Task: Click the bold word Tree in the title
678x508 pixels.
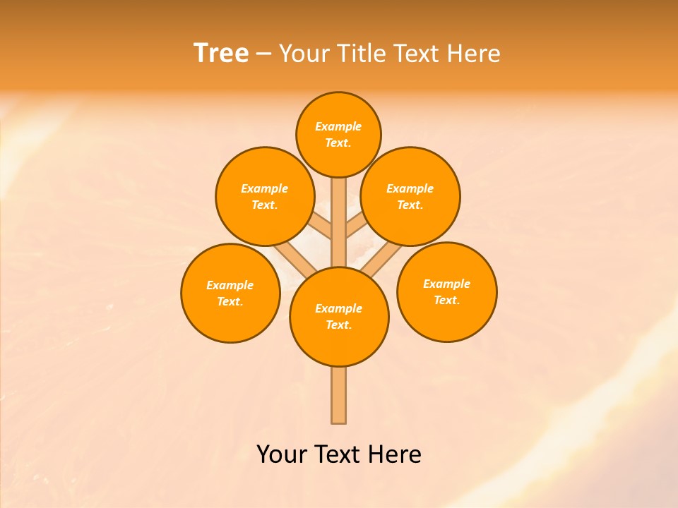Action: click(x=221, y=54)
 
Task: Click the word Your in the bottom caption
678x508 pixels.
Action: click(x=282, y=454)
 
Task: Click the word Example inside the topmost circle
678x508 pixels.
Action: click(x=338, y=127)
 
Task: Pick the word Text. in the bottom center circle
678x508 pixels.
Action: click(x=338, y=325)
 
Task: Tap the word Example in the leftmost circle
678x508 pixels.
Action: click(x=230, y=286)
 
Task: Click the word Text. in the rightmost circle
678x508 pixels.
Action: click(x=446, y=301)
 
